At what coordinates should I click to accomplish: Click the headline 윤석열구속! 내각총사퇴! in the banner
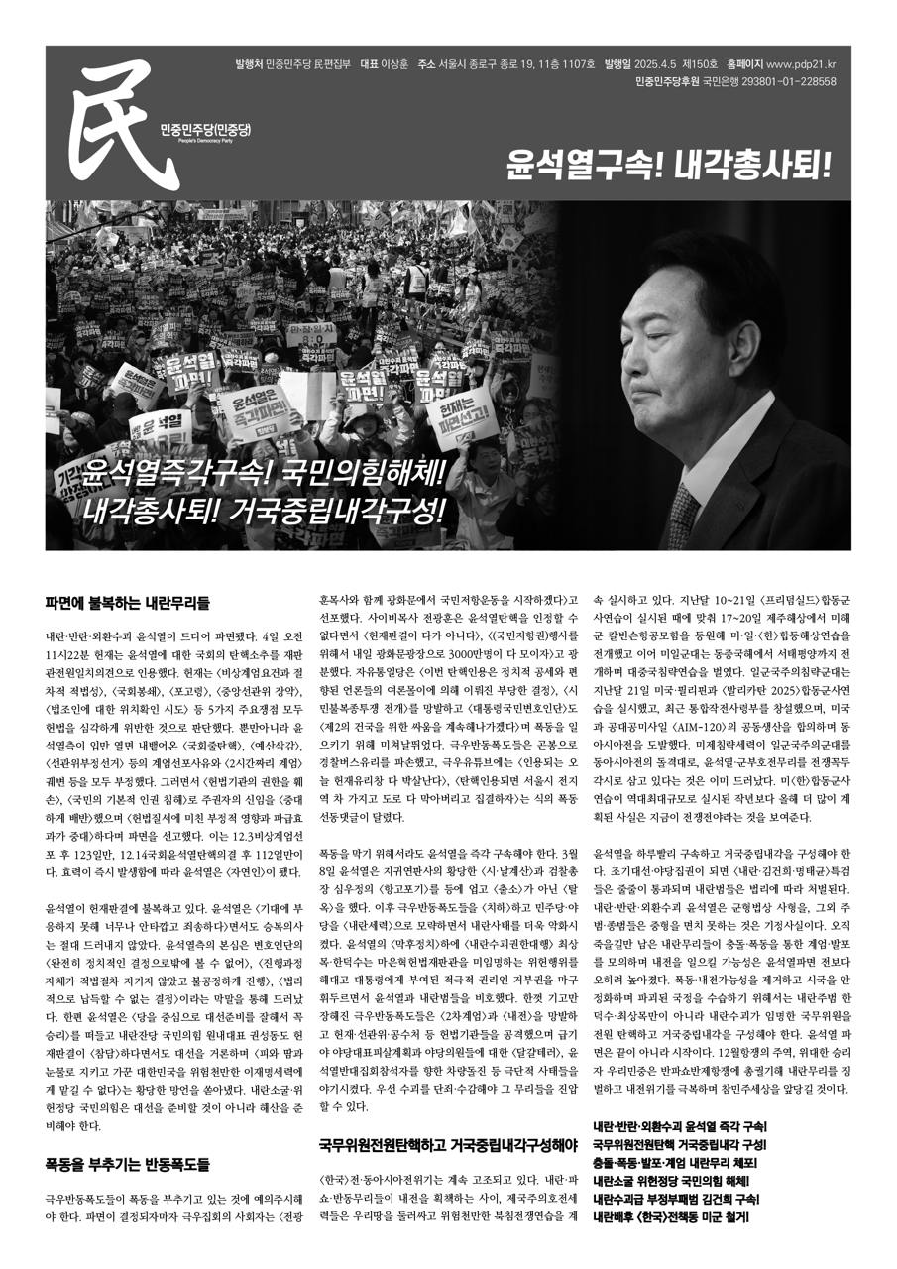coord(665,163)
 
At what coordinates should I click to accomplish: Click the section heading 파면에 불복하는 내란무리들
coord(127,602)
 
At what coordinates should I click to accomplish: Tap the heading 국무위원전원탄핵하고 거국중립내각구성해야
coord(448,1144)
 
